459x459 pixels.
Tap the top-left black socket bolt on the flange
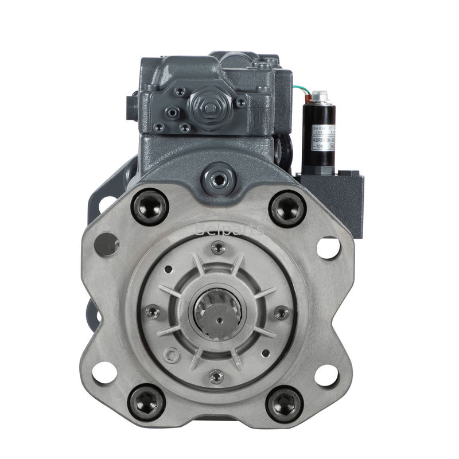click(x=150, y=207)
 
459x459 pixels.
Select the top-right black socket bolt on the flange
click(x=287, y=208)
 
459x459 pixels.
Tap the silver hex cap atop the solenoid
click(x=320, y=96)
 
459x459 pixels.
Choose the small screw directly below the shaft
click(x=216, y=376)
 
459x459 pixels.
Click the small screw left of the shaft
click(x=153, y=312)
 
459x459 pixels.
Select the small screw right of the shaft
click(x=281, y=313)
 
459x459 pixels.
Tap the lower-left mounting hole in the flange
click(x=104, y=374)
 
